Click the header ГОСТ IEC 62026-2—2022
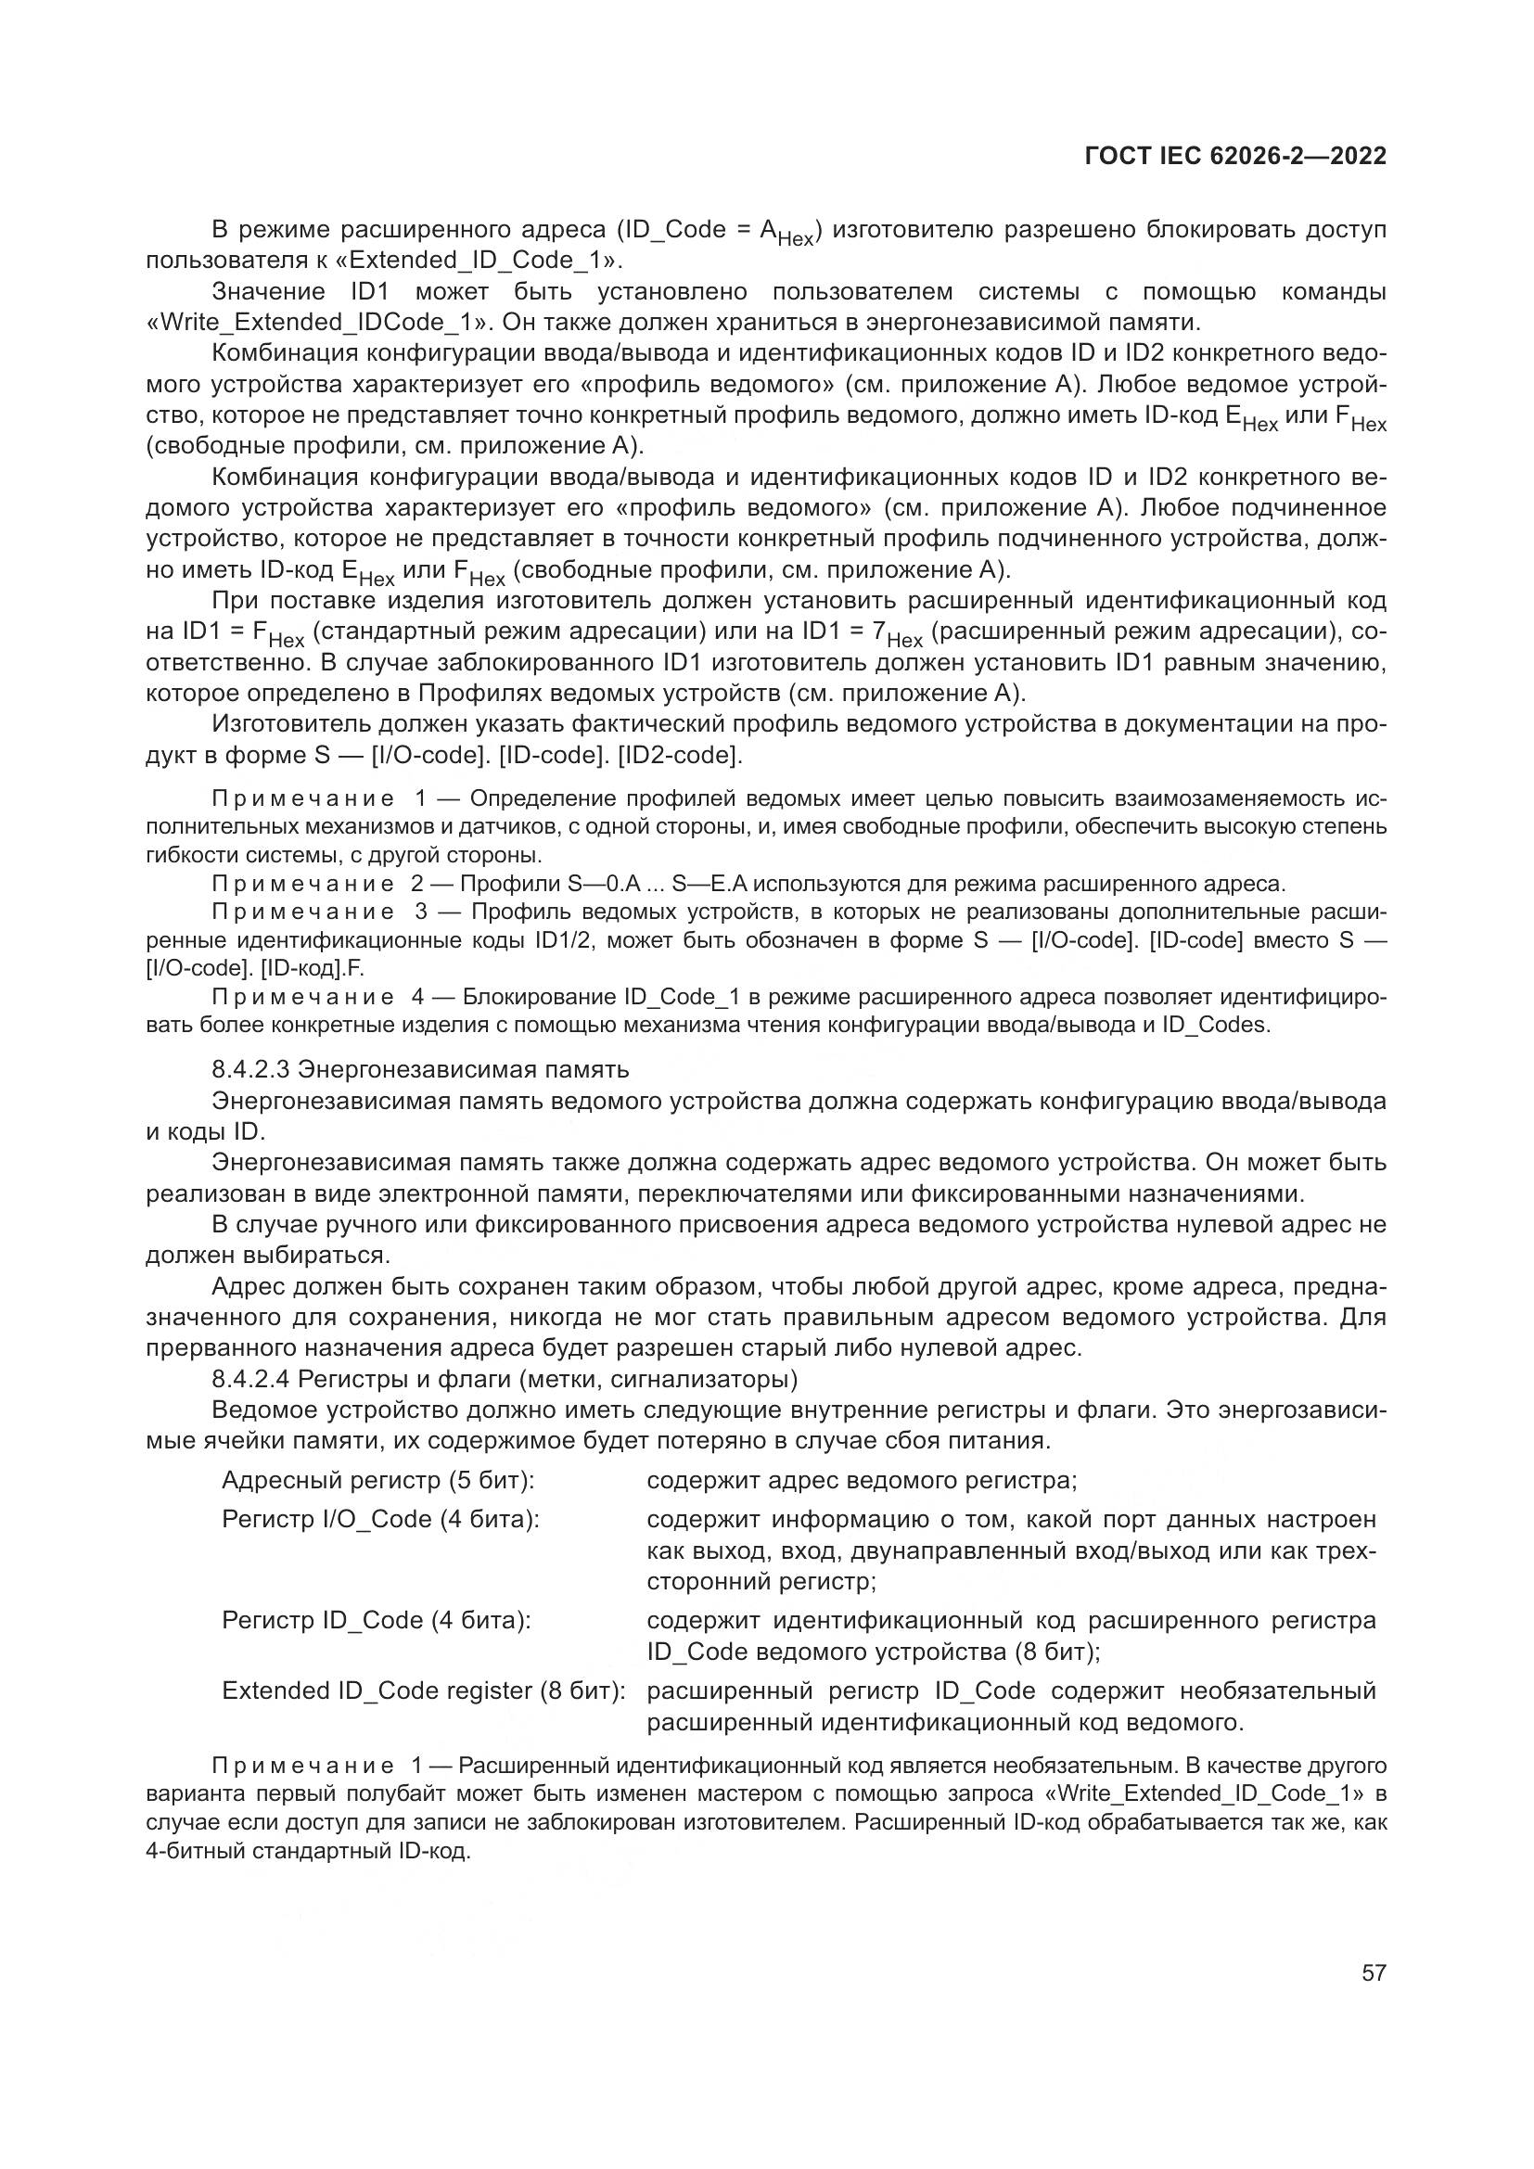pos(1235,157)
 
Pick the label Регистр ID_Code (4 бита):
pos(376,1620)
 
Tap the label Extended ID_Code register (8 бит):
pos(423,1691)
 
